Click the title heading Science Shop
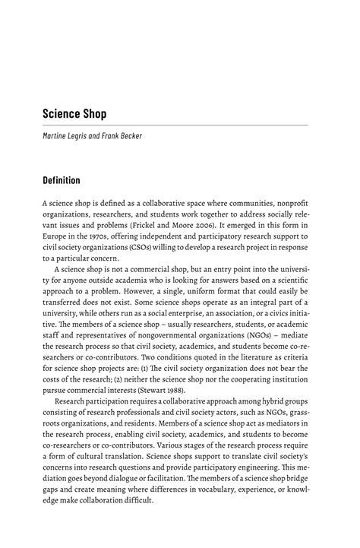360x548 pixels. (x=74, y=114)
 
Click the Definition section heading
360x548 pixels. (x=68, y=181)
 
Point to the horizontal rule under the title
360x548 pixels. (x=175, y=125)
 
